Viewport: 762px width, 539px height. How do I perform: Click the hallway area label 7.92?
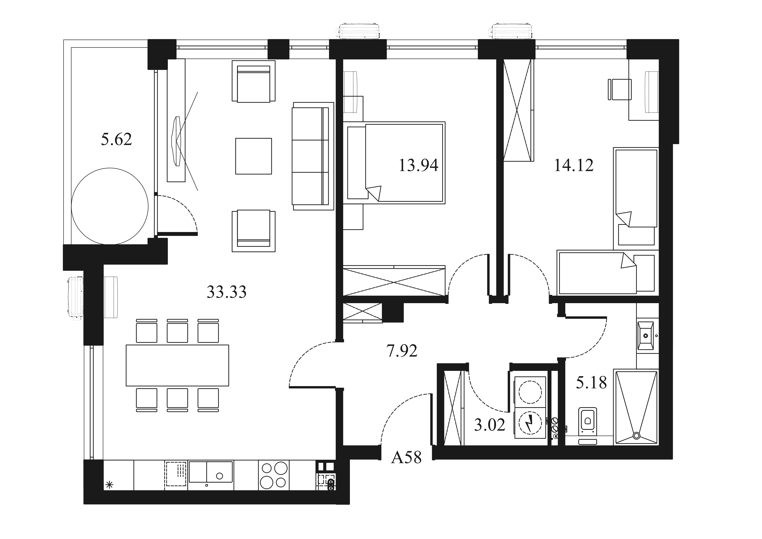[x=402, y=351]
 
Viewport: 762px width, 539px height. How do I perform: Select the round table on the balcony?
[x=110, y=206]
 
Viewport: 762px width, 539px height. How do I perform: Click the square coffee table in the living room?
[x=254, y=156]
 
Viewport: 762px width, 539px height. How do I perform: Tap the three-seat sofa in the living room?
[x=313, y=156]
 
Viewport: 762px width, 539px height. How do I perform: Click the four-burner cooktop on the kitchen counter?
[x=274, y=475]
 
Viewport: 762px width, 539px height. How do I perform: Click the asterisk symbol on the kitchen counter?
[x=109, y=485]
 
